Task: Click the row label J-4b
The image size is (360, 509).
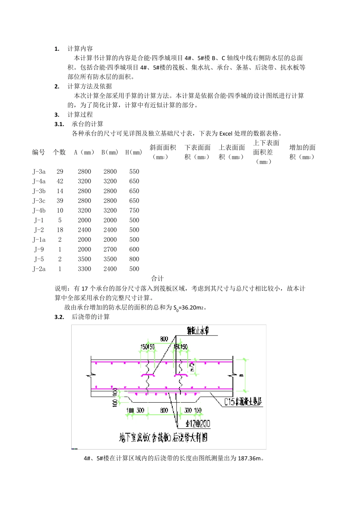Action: click(39, 211)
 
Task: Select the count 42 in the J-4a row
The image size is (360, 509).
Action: click(60, 181)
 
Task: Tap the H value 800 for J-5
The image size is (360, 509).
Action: click(134, 259)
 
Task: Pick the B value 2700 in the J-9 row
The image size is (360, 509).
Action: click(110, 250)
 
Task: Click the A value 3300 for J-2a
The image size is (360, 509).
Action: click(85, 269)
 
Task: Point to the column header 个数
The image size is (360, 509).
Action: click(59, 152)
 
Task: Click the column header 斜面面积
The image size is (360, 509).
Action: click(163, 152)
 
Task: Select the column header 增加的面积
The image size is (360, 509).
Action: click(302, 152)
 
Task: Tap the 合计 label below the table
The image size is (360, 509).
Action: click(157, 279)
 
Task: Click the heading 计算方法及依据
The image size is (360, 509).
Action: click(90, 86)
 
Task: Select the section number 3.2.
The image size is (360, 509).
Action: click(59, 317)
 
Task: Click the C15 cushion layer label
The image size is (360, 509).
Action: click(243, 401)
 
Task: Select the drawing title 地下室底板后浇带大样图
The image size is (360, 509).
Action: click(163, 438)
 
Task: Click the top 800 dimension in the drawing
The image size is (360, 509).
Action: click(164, 339)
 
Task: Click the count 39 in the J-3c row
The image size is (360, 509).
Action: click(60, 201)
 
